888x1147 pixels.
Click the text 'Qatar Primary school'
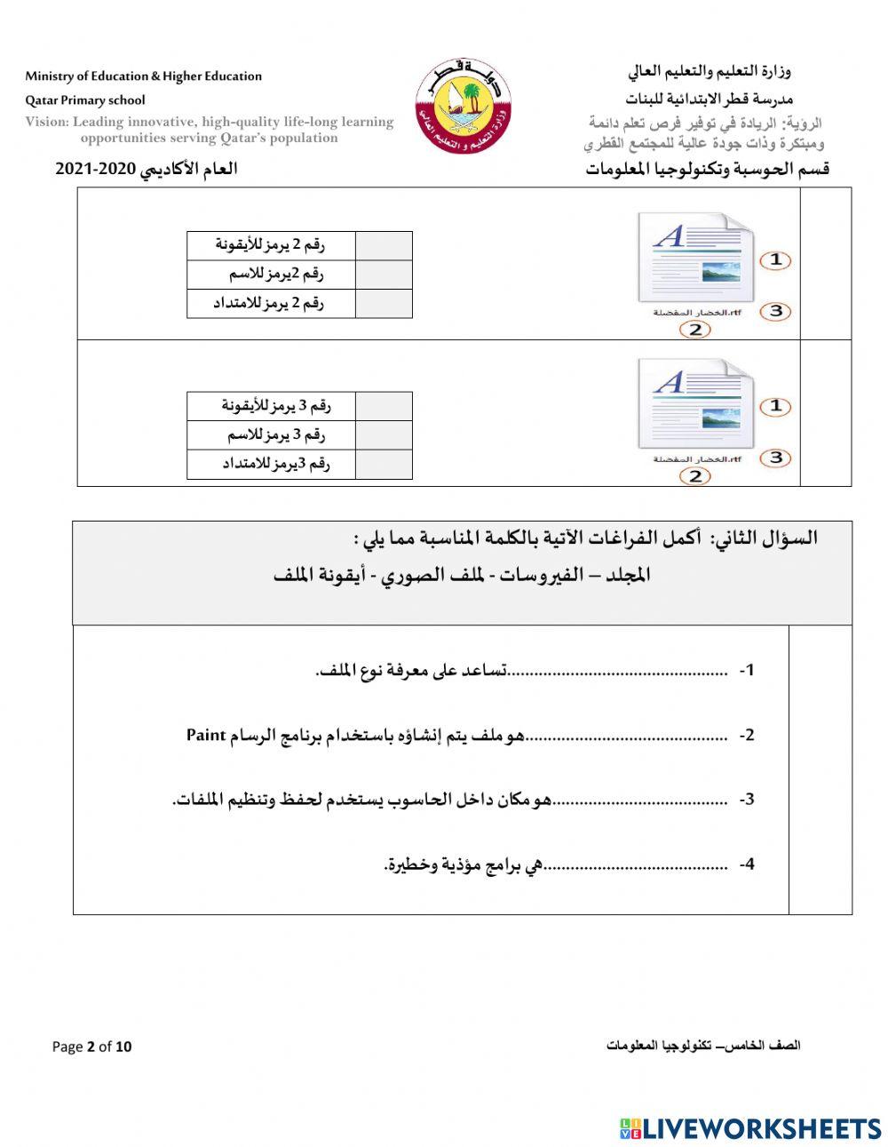85,100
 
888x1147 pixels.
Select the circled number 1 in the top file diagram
775,260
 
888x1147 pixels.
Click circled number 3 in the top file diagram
775,311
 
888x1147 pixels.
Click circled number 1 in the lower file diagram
775,406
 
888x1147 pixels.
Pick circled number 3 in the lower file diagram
775,458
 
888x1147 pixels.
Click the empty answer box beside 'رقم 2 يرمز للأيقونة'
384,245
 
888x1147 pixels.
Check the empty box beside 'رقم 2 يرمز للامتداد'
384,303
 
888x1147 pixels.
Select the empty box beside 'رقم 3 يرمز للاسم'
384,435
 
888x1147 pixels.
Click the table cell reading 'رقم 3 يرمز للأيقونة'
272,406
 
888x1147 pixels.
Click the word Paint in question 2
204,735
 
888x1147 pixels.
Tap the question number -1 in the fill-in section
747,671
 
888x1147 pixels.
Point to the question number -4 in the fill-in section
747,864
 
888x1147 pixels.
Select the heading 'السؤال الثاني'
763,538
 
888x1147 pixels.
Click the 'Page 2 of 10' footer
91,1047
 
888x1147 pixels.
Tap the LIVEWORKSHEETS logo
750,1128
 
